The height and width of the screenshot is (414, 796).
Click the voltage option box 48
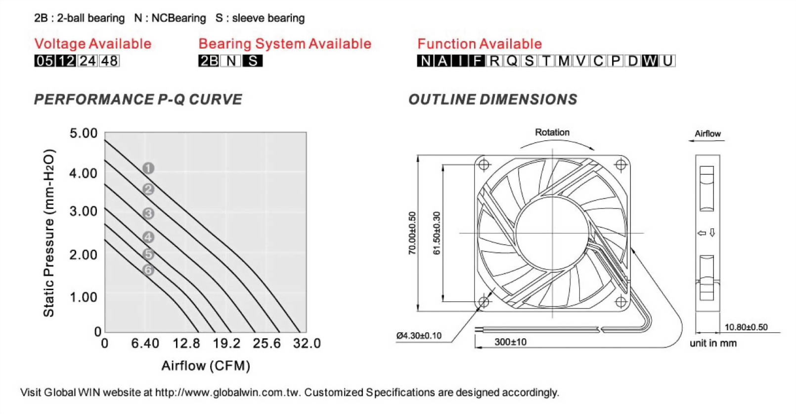point(109,61)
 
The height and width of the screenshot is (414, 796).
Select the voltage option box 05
point(44,61)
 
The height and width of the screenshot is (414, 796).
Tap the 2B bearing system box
point(209,61)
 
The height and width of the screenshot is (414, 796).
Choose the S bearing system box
point(253,61)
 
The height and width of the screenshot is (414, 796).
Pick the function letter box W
point(650,61)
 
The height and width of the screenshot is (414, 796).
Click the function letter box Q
point(512,61)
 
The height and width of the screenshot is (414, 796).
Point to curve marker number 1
point(148,168)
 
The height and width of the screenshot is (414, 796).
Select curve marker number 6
point(148,270)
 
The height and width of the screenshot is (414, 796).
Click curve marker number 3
point(148,213)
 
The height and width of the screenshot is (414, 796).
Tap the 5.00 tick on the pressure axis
point(84,133)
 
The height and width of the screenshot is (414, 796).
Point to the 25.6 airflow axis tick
point(266,343)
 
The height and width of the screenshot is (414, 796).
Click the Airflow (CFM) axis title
point(206,365)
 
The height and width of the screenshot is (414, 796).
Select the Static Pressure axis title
point(48,233)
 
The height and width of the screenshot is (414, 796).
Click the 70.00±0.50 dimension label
point(412,233)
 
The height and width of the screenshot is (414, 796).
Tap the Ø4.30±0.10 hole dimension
point(419,336)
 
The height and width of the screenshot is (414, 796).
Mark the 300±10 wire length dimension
point(510,342)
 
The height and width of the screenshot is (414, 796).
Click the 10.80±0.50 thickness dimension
point(746,327)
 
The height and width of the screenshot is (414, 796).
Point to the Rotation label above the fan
point(552,132)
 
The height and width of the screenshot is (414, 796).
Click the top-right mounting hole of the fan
point(621,165)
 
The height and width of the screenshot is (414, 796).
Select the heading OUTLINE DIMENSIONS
point(492,100)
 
